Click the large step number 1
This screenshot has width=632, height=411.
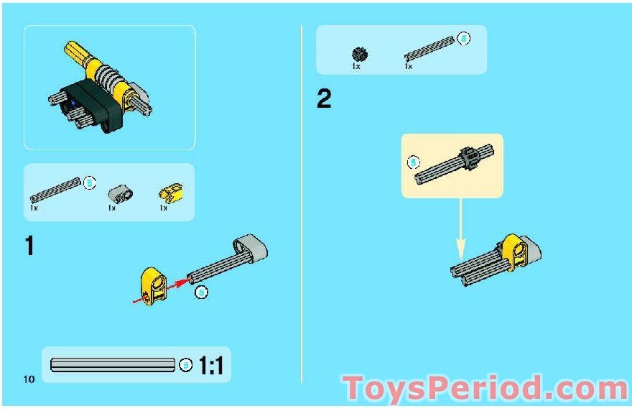click(x=29, y=246)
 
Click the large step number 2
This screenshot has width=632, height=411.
click(x=325, y=99)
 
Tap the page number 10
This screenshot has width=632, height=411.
click(x=29, y=379)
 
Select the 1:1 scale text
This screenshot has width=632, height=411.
click(x=211, y=366)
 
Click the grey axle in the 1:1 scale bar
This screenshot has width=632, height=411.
click(x=112, y=365)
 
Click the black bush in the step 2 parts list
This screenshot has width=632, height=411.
click(x=359, y=53)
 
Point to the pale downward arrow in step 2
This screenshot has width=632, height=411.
click(x=460, y=230)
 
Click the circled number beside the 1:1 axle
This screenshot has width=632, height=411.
click(x=186, y=365)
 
